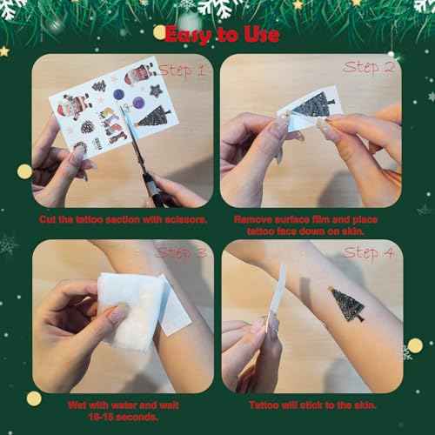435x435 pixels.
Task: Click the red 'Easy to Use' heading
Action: pyautogui.click(x=222, y=35)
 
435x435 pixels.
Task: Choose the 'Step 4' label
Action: pyautogui.click(x=371, y=253)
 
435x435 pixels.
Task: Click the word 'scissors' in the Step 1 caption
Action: pyautogui.click(x=185, y=220)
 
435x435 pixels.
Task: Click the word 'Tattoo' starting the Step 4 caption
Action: pyautogui.click(x=264, y=405)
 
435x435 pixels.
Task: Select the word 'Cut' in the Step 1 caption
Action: pyautogui.click(x=49, y=220)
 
